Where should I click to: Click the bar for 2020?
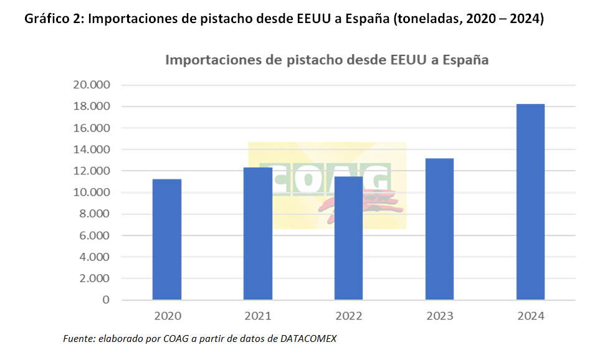point(167,239)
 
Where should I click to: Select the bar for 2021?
point(258,234)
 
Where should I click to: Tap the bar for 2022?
point(349,238)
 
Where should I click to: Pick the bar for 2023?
point(439,229)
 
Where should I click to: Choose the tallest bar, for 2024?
point(530,202)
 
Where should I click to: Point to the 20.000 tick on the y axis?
point(92,85)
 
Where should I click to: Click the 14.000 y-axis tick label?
point(92,149)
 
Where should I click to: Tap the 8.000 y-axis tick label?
point(95,214)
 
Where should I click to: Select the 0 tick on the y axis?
point(106,300)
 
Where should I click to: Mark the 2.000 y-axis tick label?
point(95,278)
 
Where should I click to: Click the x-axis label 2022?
point(349,316)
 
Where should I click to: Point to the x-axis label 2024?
point(530,316)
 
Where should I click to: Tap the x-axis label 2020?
point(167,316)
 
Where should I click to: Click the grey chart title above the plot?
point(327,60)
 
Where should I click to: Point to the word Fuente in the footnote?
point(77,338)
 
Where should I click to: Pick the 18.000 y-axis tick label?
point(92,107)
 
